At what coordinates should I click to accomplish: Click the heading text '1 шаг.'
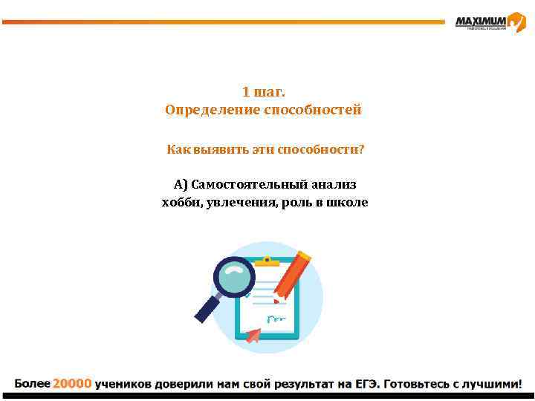pyautogui.click(x=264, y=92)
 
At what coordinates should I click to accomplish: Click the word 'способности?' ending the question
pyautogui.click(x=321, y=150)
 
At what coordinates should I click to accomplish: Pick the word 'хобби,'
pyautogui.click(x=181, y=202)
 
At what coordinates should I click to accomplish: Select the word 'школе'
pyautogui.click(x=347, y=202)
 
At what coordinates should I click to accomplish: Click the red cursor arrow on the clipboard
pyautogui.click(x=253, y=336)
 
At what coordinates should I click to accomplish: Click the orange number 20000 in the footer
pyautogui.click(x=71, y=384)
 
